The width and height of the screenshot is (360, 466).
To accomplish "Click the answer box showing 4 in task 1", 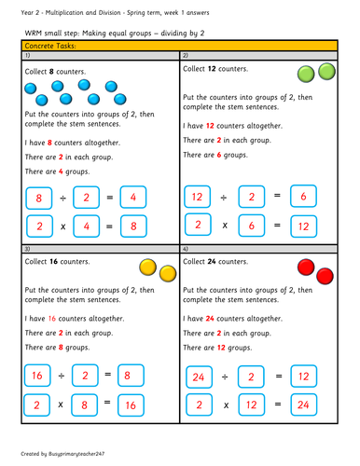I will (x=134, y=198).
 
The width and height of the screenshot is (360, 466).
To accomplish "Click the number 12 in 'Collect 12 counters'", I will (x=213, y=68).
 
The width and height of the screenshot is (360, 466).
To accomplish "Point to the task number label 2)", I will (x=186, y=56).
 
